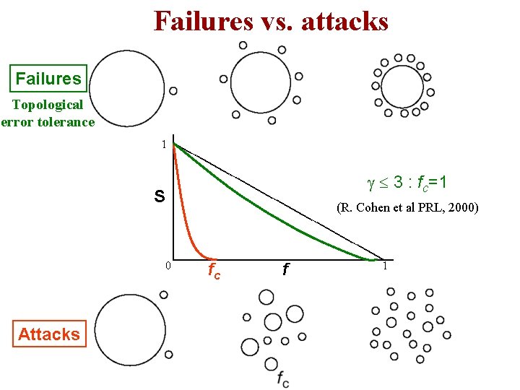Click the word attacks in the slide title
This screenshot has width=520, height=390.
click(344, 21)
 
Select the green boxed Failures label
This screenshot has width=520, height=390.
click(48, 78)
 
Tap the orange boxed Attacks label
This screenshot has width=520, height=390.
click(49, 334)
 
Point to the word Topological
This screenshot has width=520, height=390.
click(48, 105)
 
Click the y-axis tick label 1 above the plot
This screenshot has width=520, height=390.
click(164, 144)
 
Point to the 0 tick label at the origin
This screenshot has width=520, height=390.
click(167, 265)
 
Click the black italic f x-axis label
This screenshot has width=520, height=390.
click(285, 270)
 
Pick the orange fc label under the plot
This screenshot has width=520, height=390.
click(214, 272)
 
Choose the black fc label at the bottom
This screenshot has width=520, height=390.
click(282, 378)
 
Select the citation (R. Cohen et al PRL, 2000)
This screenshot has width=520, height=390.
click(407, 208)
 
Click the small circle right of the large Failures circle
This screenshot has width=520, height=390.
click(173, 91)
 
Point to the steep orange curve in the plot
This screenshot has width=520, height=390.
click(187, 217)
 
